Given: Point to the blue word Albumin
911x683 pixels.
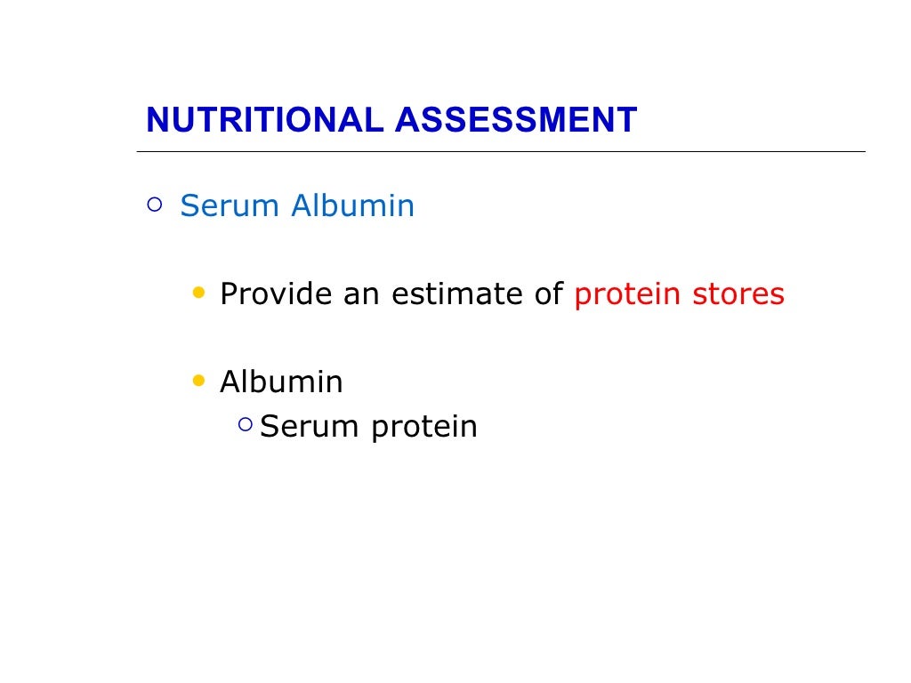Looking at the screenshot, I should coord(353,206).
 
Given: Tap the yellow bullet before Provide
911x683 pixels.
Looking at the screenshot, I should coord(198,292).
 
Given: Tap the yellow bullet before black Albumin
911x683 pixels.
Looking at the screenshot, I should coord(198,381).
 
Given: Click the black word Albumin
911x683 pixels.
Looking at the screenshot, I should coord(281,382).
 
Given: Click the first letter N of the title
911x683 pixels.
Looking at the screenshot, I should coord(157,120).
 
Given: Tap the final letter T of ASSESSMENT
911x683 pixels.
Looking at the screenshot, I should coord(628,120).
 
